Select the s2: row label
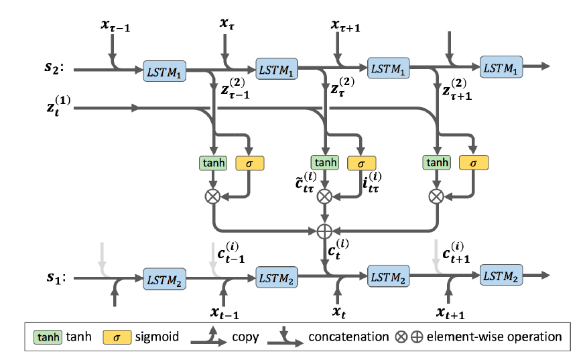click(54, 68)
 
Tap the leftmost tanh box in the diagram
click(213, 162)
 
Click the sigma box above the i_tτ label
click(361, 162)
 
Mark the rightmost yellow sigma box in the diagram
click(474, 162)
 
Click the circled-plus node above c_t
click(324, 231)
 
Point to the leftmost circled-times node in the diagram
click(213, 196)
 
